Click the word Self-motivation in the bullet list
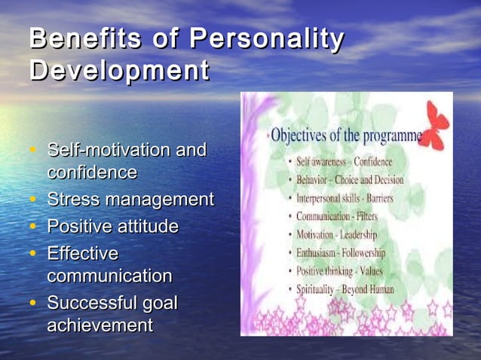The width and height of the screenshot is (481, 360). [108, 151]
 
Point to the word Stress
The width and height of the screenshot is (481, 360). [73, 200]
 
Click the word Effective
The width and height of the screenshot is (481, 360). [83, 253]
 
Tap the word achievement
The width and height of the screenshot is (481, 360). [100, 326]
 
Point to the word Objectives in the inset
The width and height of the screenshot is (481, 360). [299, 138]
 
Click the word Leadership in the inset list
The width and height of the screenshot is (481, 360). [364, 234]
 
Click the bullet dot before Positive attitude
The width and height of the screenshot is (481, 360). [34, 227]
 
